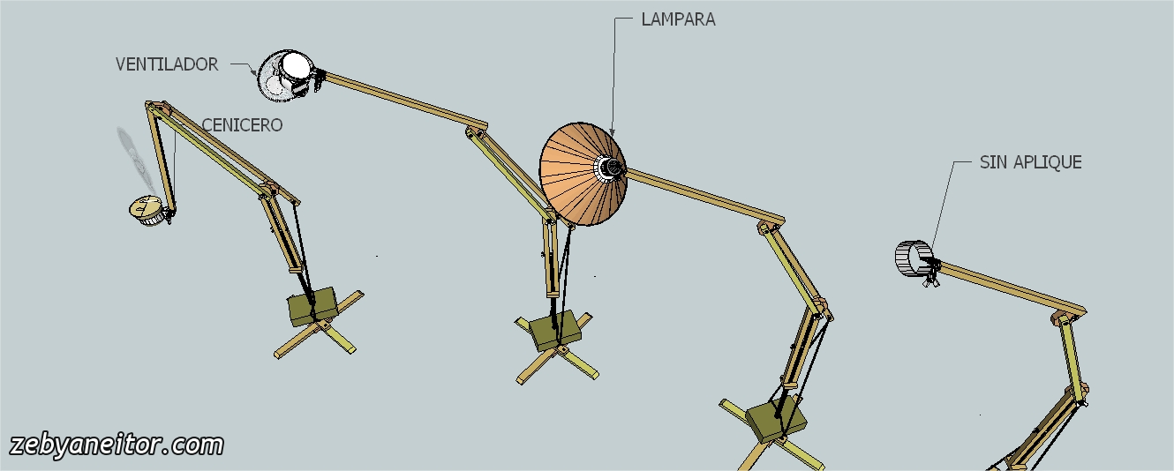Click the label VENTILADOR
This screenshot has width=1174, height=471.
[x=167, y=64]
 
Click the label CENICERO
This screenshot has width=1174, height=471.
[x=242, y=125]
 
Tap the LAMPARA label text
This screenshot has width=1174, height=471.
[x=678, y=19]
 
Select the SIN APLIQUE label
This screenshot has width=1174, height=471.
[x=1030, y=162]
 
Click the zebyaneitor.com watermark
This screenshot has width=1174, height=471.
[x=116, y=445]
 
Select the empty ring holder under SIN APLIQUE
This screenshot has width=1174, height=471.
[x=914, y=258]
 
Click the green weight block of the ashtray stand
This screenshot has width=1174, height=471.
[x=312, y=304]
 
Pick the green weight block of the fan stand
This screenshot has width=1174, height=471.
[x=554, y=327]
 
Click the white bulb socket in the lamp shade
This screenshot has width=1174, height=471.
[x=609, y=167]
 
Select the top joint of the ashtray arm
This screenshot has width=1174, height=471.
[x=157, y=108]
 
